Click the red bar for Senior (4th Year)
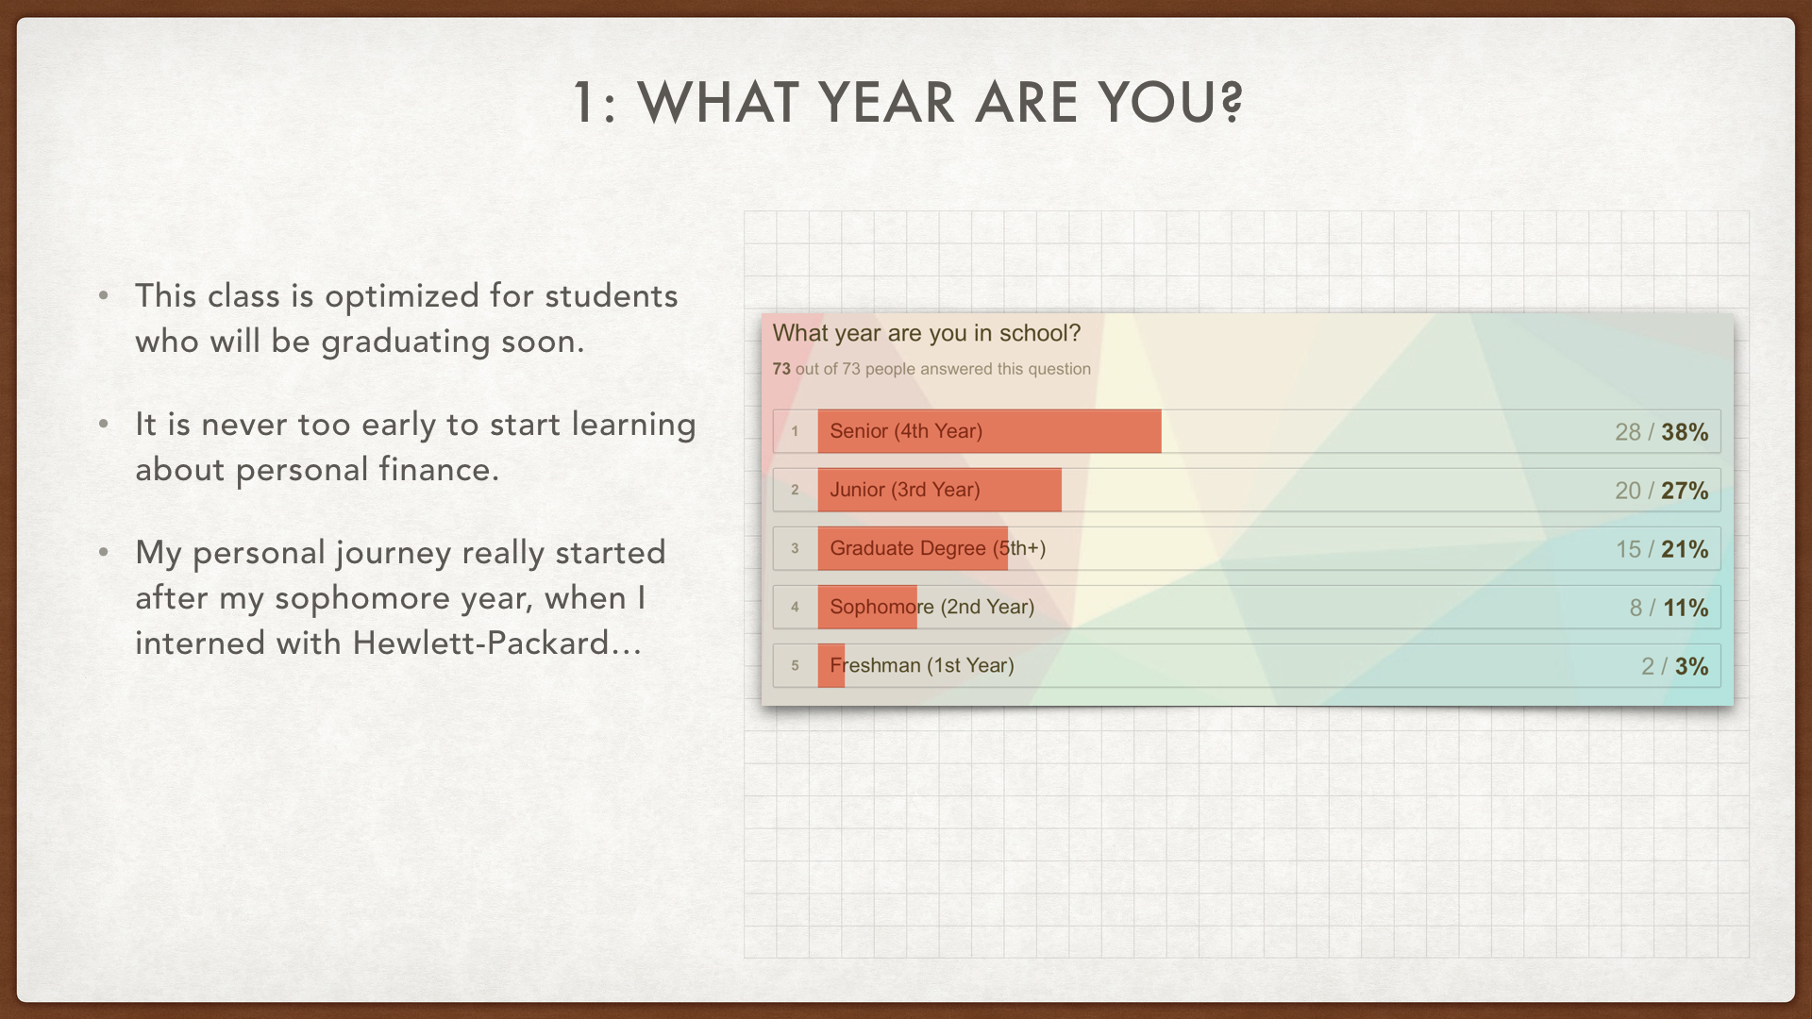[x=989, y=431]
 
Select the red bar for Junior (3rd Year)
[x=939, y=490]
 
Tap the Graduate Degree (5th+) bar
[x=913, y=548]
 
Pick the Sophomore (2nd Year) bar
[x=867, y=607]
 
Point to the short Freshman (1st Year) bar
[x=831, y=665]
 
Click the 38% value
[x=1685, y=432]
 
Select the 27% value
[x=1685, y=491]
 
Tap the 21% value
[x=1685, y=549]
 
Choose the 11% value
[x=1686, y=608]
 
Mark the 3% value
[x=1691, y=666]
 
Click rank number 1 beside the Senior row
[x=795, y=431]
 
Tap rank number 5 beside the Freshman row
[x=795, y=665]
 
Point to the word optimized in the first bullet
[x=402, y=297]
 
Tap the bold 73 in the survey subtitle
[x=781, y=369]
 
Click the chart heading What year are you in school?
[x=927, y=333]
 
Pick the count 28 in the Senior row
[x=1628, y=432]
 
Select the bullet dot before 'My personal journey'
[x=104, y=551]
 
